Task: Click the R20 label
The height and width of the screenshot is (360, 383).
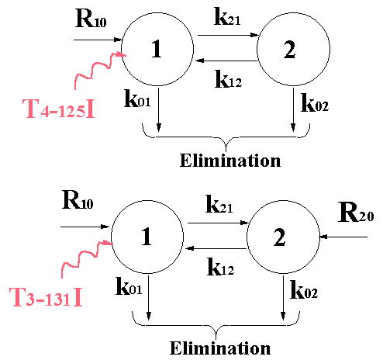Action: tap(356, 213)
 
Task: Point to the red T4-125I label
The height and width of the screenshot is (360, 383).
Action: tap(59, 109)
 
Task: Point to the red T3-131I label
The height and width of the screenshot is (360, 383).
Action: tap(46, 297)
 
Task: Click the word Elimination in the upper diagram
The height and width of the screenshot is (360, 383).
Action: tap(230, 161)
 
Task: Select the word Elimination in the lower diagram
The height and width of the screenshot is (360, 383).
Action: tap(220, 348)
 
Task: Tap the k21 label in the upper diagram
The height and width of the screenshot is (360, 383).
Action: tap(227, 16)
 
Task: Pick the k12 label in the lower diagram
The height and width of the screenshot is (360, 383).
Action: tap(221, 267)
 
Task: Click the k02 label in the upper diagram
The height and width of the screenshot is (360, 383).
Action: tap(315, 102)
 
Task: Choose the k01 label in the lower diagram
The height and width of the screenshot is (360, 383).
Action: tap(129, 286)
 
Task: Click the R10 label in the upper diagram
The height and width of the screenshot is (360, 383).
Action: tap(91, 19)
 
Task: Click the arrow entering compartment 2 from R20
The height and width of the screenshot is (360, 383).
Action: tap(343, 237)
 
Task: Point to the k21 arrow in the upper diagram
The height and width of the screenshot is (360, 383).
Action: tap(229, 35)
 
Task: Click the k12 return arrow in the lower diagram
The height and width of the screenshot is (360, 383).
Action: tap(216, 248)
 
